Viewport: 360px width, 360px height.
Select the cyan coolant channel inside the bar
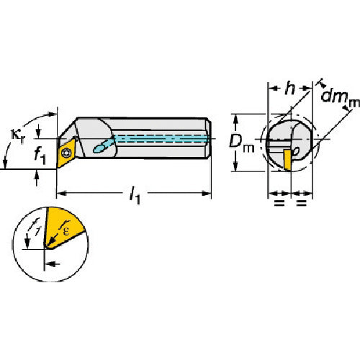[158, 138]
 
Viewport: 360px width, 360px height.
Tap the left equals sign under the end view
[279, 204]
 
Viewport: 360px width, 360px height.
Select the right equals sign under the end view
[302, 204]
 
